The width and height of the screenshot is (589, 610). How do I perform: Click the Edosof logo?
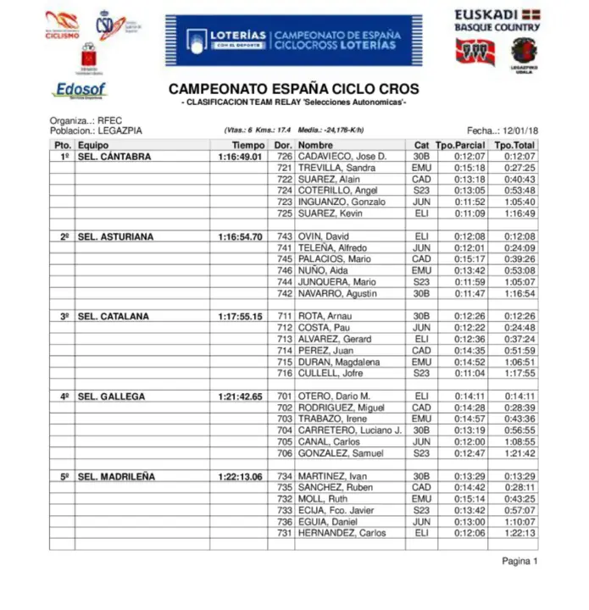coord(80,90)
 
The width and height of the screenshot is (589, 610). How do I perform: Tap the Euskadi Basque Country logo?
coord(497,20)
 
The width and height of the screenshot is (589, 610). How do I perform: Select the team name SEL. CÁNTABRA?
coord(114,157)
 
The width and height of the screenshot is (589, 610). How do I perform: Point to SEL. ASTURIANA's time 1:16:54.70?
coord(240,236)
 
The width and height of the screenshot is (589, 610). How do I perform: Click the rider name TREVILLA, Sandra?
coord(331,168)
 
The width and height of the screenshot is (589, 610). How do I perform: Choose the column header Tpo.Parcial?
coord(460,145)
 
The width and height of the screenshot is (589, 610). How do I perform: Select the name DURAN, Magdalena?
coord(336,362)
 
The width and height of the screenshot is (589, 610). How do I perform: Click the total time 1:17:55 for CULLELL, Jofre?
coord(519,373)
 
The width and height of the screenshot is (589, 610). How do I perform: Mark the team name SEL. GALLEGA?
coord(111,396)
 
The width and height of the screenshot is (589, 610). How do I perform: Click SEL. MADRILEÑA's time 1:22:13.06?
coord(240,476)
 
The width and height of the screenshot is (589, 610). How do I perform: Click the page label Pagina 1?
coord(520,561)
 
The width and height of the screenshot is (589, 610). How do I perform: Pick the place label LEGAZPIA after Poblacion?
coord(120,130)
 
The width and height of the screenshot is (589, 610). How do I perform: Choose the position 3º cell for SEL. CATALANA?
coord(64,316)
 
